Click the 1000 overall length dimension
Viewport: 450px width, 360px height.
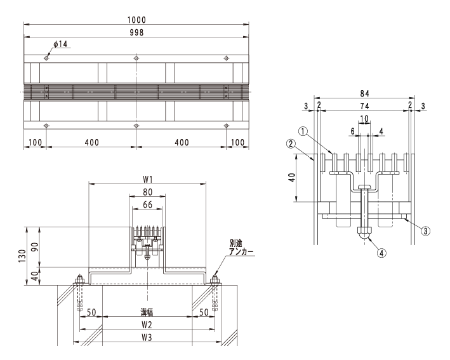click(x=136, y=20)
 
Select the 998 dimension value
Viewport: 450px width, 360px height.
click(x=136, y=32)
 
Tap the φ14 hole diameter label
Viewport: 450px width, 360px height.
click(x=60, y=44)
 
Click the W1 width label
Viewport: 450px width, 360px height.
click(x=147, y=180)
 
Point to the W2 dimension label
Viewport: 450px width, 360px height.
click(x=147, y=324)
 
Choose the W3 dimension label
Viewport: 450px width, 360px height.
click(x=147, y=337)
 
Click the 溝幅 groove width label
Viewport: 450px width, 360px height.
click(x=147, y=312)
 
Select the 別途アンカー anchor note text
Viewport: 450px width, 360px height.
click(x=241, y=248)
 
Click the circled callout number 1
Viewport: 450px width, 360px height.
click(x=303, y=131)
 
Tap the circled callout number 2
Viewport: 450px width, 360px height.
click(x=291, y=143)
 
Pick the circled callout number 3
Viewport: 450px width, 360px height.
click(x=426, y=231)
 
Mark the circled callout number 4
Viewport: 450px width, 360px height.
click(x=381, y=253)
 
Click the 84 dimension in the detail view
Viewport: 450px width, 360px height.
click(x=364, y=93)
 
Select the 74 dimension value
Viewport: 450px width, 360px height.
click(x=364, y=106)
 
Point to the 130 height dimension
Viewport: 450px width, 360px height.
click(x=22, y=256)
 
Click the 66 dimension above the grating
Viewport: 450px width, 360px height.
click(x=147, y=204)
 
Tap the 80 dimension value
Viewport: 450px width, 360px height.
click(x=147, y=192)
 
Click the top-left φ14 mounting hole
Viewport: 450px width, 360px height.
click(x=46, y=58)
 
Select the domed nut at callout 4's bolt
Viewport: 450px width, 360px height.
click(x=364, y=232)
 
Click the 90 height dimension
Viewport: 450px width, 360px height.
click(x=35, y=247)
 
